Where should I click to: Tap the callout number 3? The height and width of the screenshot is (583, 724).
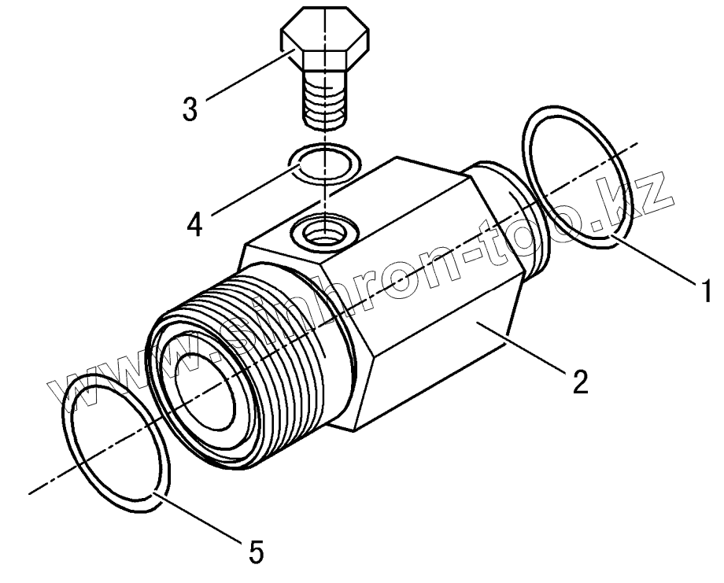tap(190, 109)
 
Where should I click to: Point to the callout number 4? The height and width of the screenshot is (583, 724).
tap(195, 223)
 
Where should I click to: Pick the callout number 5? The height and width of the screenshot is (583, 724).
tap(256, 552)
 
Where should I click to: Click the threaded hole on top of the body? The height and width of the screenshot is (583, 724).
tap(323, 231)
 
